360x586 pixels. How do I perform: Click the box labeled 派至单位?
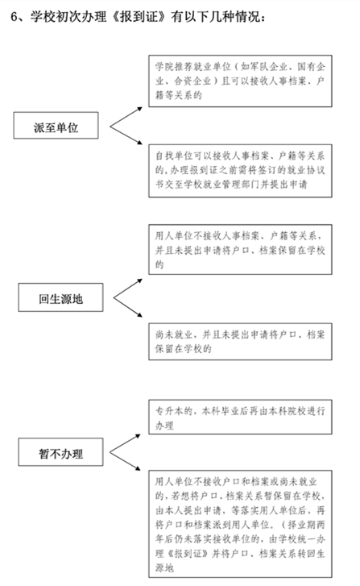pyautogui.click(x=56, y=126)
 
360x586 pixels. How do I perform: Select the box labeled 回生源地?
pyautogui.click(x=60, y=297)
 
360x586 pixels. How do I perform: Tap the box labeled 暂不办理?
pyautogui.click(x=60, y=452)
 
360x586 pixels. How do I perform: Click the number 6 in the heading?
pyautogui.click(x=14, y=17)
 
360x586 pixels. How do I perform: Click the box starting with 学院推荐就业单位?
pyautogui.click(x=240, y=81)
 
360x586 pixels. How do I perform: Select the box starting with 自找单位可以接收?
pyautogui.click(x=240, y=171)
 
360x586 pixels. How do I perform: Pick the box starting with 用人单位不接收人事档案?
pyautogui.click(x=240, y=250)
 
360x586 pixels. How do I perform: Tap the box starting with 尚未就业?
pyautogui.click(x=240, y=342)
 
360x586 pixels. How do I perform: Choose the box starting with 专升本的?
pyautogui.click(x=240, y=417)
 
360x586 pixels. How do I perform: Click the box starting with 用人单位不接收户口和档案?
pyautogui.click(x=240, y=524)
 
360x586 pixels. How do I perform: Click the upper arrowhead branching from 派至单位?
pyautogui.click(x=139, y=109)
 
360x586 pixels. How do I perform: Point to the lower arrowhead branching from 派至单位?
pyautogui.click(x=139, y=143)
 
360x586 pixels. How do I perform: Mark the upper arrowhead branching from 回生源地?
pyautogui.click(x=139, y=281)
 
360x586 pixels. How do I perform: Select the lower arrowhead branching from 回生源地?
pyautogui.click(x=139, y=315)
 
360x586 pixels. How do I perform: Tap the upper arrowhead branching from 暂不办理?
pyautogui.click(x=138, y=436)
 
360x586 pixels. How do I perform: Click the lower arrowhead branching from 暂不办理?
pyautogui.click(x=138, y=468)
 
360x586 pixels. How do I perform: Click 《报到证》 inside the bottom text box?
pyautogui.click(x=187, y=554)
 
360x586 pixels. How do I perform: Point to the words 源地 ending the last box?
pyautogui.click(x=164, y=567)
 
